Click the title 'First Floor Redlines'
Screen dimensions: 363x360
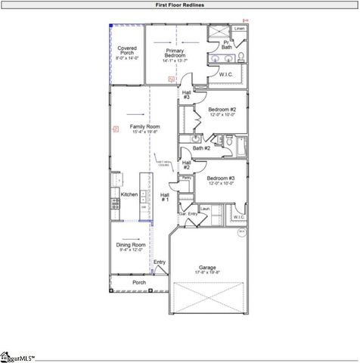click(180, 5)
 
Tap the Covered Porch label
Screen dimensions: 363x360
click(126, 53)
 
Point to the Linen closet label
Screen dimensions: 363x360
click(239, 29)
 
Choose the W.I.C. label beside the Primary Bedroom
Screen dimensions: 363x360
click(226, 74)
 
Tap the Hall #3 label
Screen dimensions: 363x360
click(187, 95)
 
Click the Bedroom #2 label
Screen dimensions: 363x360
click(222, 112)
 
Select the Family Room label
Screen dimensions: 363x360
click(144, 129)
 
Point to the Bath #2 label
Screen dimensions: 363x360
click(201, 148)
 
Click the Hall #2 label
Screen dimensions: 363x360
click(187, 164)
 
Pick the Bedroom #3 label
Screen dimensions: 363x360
click(222, 180)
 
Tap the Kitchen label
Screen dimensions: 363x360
click(129, 194)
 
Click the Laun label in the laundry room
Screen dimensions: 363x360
click(204, 208)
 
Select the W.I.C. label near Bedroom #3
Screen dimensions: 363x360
click(239, 217)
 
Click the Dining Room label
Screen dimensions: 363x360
click(130, 247)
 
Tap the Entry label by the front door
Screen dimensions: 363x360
click(160, 262)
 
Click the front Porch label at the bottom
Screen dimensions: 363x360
click(139, 283)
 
